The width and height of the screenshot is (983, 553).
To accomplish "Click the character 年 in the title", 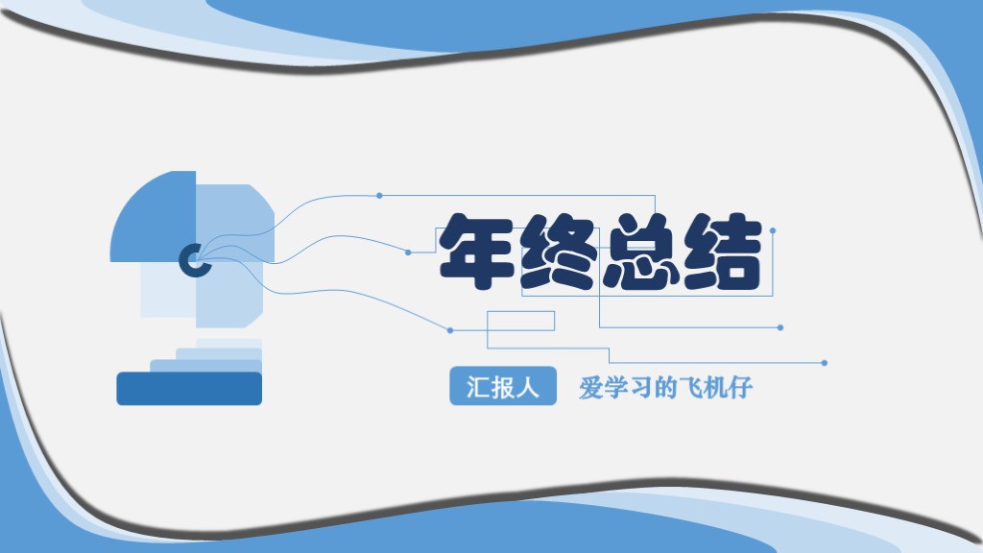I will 477,252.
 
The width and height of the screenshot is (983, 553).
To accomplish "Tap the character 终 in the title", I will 559,252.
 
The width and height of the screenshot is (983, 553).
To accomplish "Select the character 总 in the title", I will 641,252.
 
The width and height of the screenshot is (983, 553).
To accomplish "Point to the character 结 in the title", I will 723,252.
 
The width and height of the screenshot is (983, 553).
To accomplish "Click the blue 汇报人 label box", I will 503,387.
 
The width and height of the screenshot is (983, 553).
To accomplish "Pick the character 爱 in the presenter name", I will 590,388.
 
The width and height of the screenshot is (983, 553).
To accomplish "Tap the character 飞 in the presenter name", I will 689,388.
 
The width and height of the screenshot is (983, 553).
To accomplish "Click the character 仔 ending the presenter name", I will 739,388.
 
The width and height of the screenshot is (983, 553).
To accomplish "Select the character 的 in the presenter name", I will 664,388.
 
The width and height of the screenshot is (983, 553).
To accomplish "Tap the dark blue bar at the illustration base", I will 189,388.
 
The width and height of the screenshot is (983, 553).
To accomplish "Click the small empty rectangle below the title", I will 521,321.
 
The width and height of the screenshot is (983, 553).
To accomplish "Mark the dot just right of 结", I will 773,230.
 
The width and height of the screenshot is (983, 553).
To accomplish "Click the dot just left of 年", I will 408,252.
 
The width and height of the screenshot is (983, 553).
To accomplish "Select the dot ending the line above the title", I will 379,196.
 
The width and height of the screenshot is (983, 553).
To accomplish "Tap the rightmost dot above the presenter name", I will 825,363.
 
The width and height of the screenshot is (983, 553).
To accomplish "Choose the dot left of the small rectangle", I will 450,330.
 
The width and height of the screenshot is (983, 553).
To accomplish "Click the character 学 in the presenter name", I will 615,388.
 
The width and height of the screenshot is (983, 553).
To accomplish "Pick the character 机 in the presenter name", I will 714,388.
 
